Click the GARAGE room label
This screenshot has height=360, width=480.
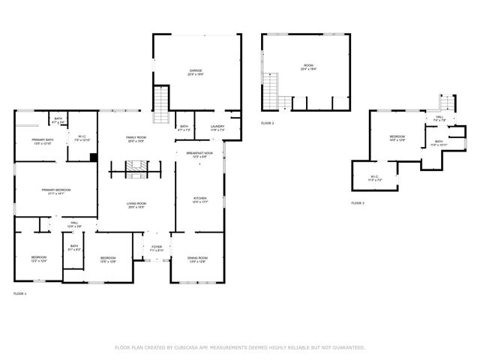[196, 70]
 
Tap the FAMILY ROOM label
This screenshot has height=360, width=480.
[136, 138]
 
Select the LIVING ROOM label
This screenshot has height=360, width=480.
[136, 204]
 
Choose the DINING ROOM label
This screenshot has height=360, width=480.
[197, 258]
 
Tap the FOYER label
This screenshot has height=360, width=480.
[157, 247]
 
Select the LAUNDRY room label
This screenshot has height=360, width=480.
[217, 127]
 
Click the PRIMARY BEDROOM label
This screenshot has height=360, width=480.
[56, 190]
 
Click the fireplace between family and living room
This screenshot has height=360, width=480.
[136, 172]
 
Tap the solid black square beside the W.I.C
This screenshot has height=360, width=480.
[93, 157]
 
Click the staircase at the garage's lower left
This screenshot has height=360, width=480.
[160, 104]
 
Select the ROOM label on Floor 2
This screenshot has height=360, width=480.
[308, 65]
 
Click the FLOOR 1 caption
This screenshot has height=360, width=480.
[20, 293]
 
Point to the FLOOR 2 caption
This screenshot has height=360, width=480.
[268, 123]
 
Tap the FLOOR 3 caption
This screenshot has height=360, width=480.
[358, 203]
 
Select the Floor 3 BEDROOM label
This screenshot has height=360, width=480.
[397, 136]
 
